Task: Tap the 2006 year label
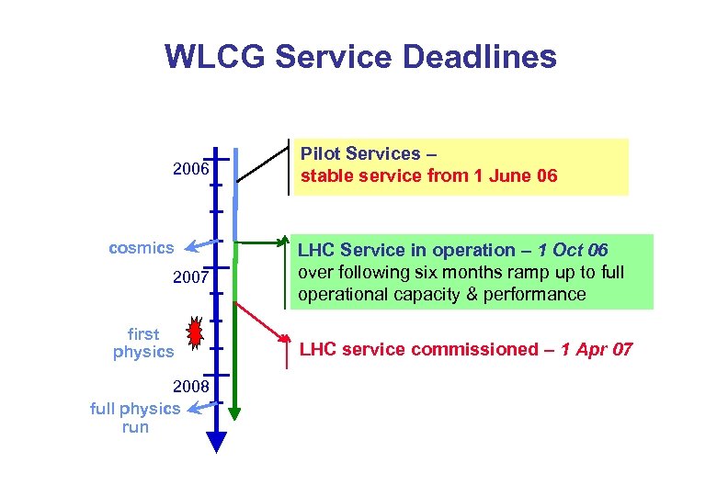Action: (191, 170)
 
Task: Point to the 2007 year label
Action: (191, 276)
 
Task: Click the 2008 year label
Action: (191, 387)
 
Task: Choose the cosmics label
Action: (141, 248)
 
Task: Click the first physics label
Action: (142, 343)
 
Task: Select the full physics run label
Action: (135, 418)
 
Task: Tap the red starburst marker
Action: (195, 333)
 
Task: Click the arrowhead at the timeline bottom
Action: (216, 443)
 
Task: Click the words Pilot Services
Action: (360, 154)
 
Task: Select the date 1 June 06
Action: (511, 175)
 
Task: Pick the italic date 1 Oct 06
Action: (574, 250)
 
